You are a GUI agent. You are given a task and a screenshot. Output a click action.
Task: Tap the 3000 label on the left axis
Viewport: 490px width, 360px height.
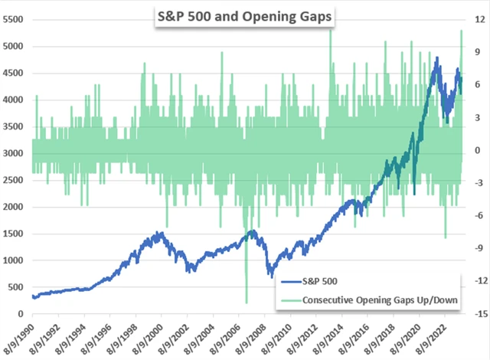14,153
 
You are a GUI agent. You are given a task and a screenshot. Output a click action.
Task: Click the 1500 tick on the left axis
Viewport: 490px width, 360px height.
14,234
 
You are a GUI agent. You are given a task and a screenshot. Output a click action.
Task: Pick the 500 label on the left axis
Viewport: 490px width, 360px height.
16,287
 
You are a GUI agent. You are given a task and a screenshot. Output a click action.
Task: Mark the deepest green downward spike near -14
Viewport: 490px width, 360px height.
247,303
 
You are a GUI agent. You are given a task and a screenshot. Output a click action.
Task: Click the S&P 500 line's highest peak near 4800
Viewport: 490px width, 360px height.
436,58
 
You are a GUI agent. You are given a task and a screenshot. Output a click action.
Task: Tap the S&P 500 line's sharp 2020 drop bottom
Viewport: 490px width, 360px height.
414,194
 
